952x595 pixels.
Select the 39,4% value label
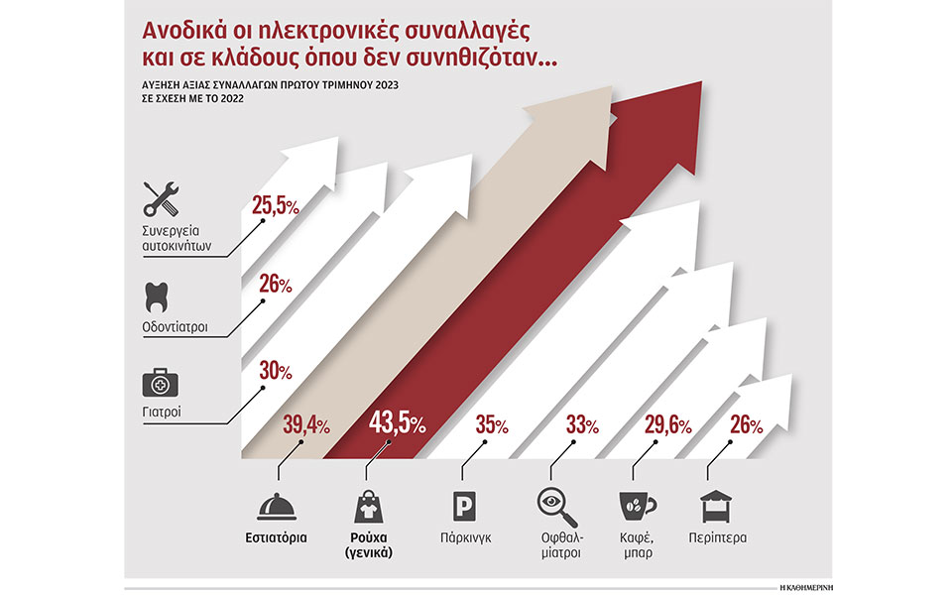(308, 425)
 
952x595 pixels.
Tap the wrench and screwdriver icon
(161, 199)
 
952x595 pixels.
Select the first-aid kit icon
(159, 383)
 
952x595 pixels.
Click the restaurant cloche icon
(278, 507)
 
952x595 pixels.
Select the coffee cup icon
(636, 507)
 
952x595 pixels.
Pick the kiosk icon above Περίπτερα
(717, 507)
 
